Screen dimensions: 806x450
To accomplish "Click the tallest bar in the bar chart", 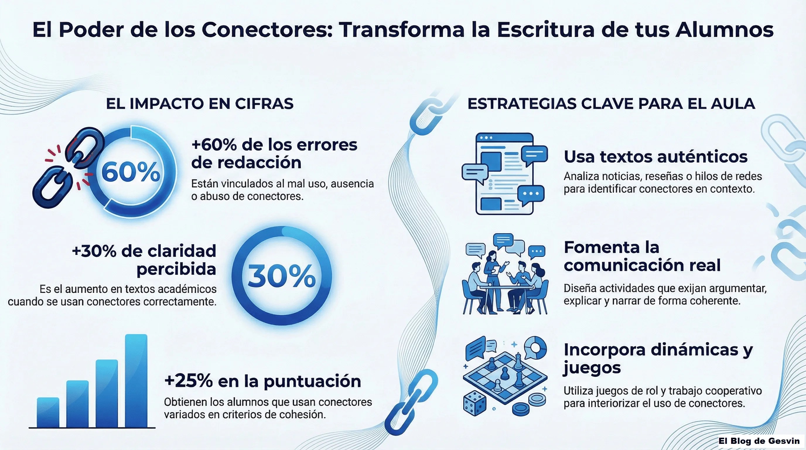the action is (x=136, y=381).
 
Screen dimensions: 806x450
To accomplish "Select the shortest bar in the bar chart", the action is (x=48, y=412).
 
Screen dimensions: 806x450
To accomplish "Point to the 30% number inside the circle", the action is (x=281, y=276).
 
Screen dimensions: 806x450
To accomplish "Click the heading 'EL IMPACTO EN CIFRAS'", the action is (x=200, y=104).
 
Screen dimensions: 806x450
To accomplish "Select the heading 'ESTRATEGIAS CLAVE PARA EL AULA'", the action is (x=611, y=104).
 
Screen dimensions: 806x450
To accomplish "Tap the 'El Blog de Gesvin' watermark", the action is (x=759, y=441).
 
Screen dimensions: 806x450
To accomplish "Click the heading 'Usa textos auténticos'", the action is (x=655, y=156).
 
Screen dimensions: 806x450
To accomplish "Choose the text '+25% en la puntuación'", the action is (x=262, y=381).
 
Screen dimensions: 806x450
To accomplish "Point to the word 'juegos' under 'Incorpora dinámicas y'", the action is (x=592, y=368).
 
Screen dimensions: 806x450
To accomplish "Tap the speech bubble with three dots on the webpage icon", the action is (x=531, y=195).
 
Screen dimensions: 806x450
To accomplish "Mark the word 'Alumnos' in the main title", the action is (x=724, y=30).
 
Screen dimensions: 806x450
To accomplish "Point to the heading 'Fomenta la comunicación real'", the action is (x=642, y=256).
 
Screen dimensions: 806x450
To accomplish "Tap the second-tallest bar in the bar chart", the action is (x=107, y=393).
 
